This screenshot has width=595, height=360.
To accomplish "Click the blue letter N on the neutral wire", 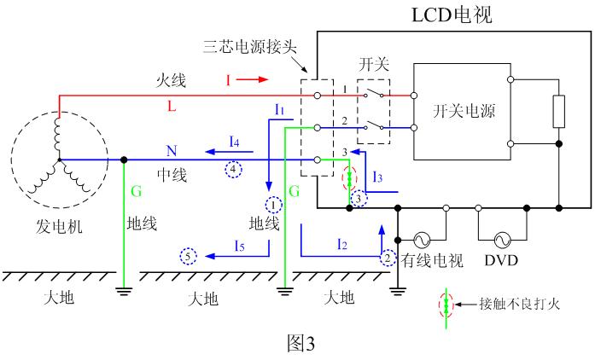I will [172, 150].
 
